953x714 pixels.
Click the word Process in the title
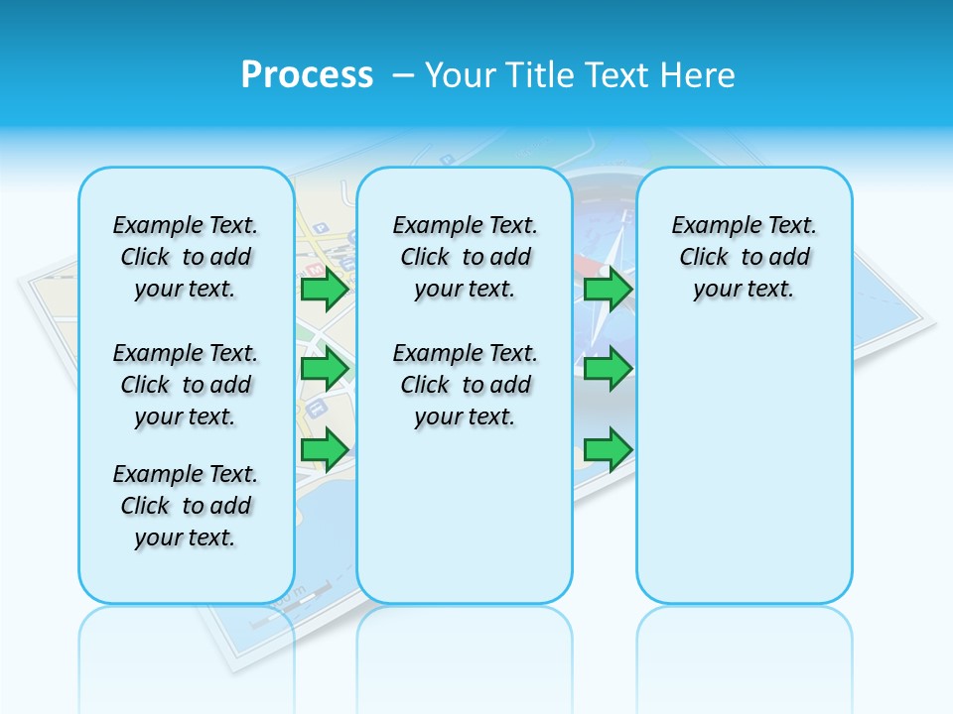point(307,75)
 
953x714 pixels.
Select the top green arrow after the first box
point(325,290)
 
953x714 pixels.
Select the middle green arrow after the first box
point(325,369)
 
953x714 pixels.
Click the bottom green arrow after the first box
point(325,449)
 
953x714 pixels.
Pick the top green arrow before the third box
point(608,290)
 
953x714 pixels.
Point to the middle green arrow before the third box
point(608,369)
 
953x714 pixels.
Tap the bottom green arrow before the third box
point(608,449)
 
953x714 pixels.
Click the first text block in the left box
point(186,257)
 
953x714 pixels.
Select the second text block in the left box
point(186,385)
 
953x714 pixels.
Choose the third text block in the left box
point(186,506)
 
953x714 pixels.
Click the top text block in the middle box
point(465,257)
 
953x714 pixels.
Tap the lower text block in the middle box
point(465,385)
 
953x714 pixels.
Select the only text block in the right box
point(744,257)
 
